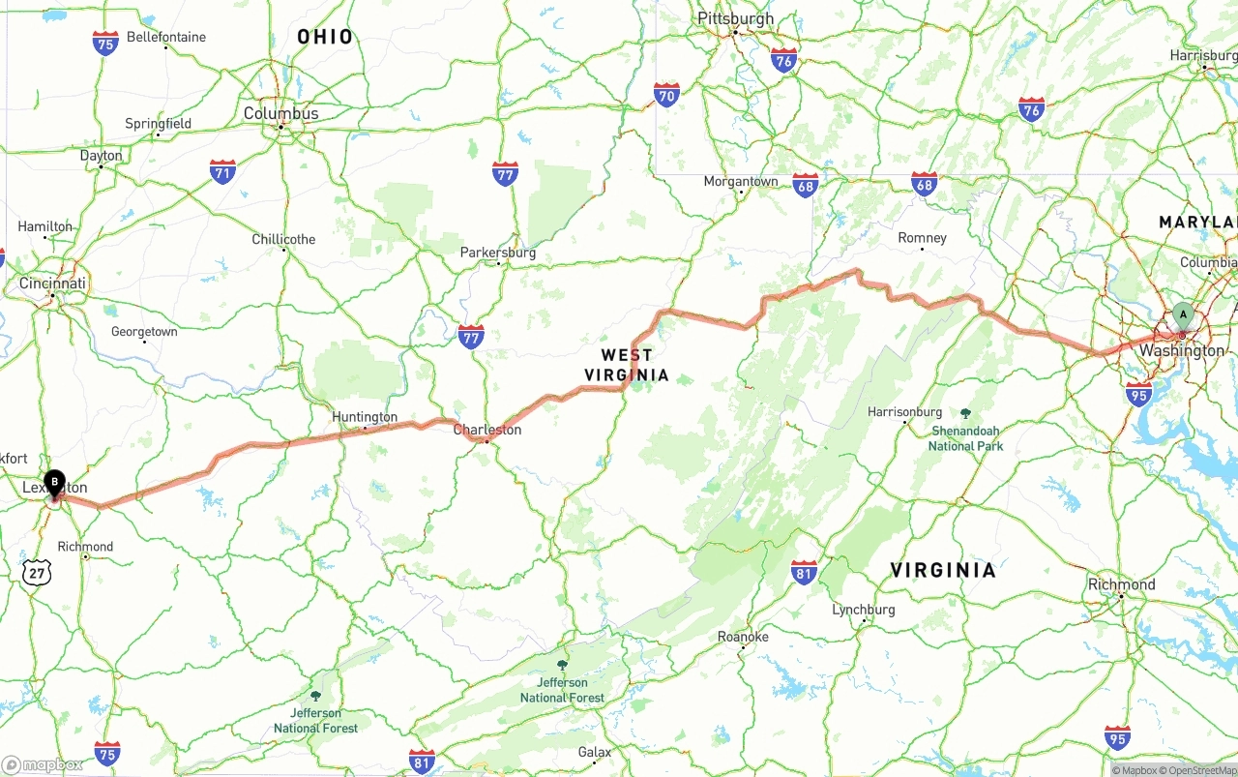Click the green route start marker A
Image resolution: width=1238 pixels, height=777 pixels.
[1182, 314]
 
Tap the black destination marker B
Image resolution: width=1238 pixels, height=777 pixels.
[55, 481]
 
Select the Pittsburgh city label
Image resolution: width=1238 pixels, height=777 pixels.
[735, 18]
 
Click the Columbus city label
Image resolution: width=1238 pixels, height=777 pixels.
[280, 113]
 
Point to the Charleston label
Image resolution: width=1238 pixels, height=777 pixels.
[487, 430]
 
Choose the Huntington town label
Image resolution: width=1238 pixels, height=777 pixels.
[365, 417]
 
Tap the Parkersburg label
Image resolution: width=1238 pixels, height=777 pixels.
[497, 253]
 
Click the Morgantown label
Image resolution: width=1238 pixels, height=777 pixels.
[741, 181]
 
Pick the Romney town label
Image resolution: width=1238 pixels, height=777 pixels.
[922, 238]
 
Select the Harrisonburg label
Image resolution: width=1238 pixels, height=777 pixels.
[904, 411]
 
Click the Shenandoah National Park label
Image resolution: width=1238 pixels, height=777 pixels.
[965, 437]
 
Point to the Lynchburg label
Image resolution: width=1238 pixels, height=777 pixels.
[864, 610]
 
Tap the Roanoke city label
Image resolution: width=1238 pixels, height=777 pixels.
[743, 637]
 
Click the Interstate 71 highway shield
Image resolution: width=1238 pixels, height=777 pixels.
[223, 173]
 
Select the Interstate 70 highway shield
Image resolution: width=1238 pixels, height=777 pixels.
[666, 94]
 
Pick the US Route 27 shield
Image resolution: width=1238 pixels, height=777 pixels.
[35, 572]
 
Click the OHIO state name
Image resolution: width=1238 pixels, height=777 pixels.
[325, 37]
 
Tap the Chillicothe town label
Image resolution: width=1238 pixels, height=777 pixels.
[283, 239]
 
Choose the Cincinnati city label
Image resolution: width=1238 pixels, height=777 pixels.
[53, 284]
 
